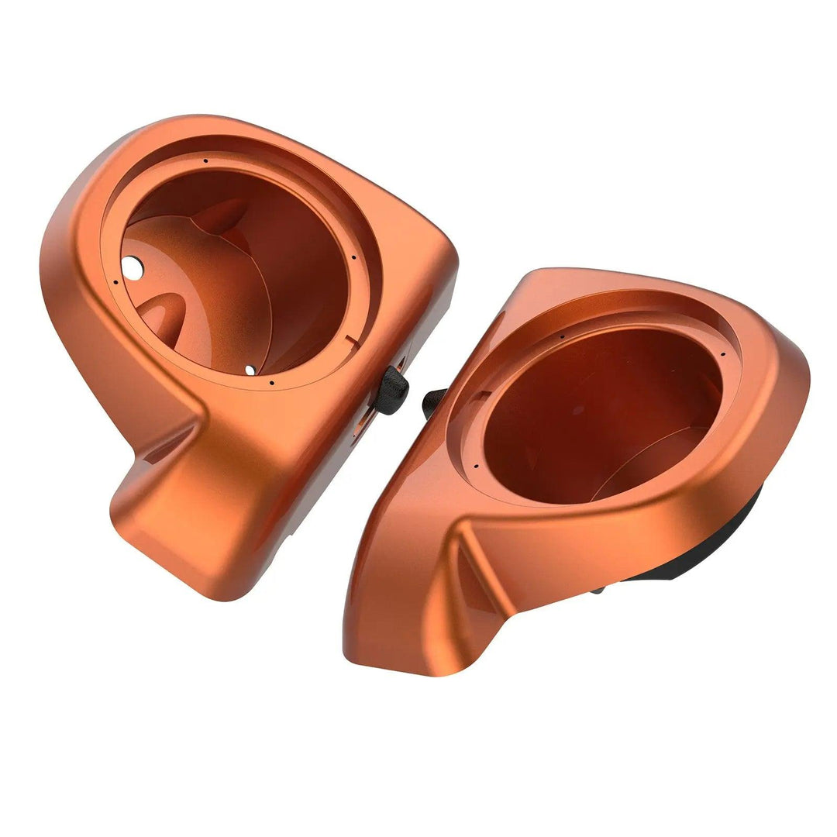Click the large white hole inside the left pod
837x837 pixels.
click(x=133, y=268)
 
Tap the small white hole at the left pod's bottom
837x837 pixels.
click(x=250, y=370)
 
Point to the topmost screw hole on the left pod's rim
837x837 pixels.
click(x=206, y=161)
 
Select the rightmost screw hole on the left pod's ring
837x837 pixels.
click(x=353, y=258)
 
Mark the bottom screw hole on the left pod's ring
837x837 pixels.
click(x=272, y=381)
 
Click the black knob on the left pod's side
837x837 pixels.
click(x=393, y=390)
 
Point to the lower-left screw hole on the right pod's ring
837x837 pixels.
click(x=474, y=467)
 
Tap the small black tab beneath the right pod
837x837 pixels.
click(x=598, y=591)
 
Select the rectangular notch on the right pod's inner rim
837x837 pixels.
click(x=479, y=397)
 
